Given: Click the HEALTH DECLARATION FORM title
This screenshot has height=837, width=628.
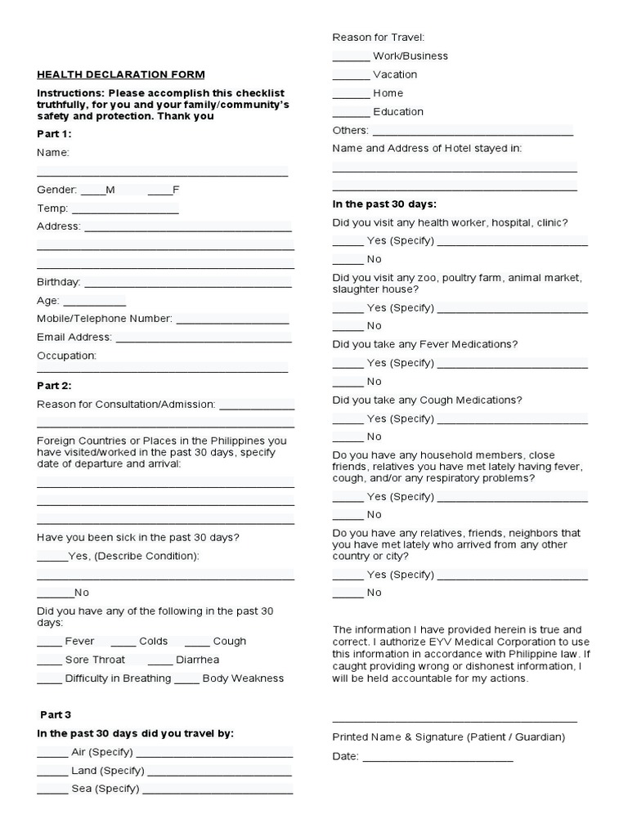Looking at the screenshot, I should (x=120, y=74).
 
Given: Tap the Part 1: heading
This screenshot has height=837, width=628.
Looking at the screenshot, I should (x=54, y=133).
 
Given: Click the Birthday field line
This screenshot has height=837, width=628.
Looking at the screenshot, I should (x=187, y=284).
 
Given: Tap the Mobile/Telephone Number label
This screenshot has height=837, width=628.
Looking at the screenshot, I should (x=104, y=318).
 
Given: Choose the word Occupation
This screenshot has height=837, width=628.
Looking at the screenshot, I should (x=66, y=356).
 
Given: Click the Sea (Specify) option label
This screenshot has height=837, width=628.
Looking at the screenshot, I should (x=105, y=789).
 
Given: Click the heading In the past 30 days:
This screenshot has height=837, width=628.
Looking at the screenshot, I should (x=384, y=204).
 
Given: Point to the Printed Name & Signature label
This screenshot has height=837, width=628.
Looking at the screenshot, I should (x=448, y=737).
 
